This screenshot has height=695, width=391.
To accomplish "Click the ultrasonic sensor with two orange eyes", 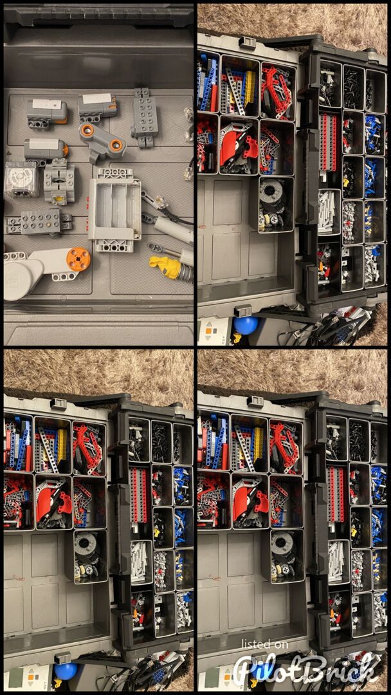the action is (x=102, y=141).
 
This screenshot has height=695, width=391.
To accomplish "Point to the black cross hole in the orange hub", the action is (x=78, y=259).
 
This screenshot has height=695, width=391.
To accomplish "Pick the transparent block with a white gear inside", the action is (x=21, y=178).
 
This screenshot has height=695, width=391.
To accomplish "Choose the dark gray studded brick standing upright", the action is (x=144, y=117).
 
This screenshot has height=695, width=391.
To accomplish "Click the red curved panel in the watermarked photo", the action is (x=244, y=503).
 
